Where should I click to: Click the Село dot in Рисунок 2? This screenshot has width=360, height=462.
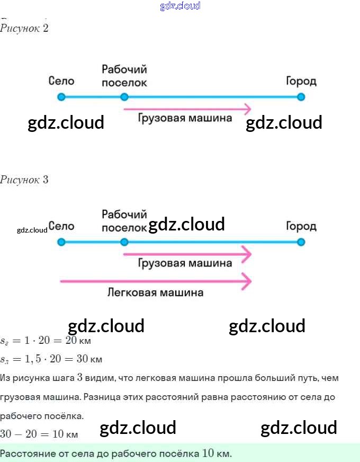61,97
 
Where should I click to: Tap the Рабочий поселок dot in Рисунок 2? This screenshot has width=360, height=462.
124,97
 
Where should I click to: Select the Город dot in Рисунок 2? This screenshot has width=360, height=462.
301,97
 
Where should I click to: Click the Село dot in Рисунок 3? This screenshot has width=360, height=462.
61,242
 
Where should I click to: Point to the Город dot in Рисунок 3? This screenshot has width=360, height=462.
301,242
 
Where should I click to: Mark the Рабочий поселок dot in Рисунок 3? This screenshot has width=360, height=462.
124,242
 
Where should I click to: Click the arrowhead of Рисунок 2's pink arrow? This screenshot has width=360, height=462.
246,109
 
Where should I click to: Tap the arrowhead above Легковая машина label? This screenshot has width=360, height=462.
246,281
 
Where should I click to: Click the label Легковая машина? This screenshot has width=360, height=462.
155,292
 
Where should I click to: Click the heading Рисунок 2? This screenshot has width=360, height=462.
24,28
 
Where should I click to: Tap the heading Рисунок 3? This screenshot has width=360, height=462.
24,180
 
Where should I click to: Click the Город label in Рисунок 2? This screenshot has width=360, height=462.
301,81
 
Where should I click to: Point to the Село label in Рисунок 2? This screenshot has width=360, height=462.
61,81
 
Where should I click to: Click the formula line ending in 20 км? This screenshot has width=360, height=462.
46,341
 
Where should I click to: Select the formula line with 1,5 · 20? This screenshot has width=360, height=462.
51,359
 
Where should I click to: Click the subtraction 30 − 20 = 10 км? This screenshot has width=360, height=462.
39,434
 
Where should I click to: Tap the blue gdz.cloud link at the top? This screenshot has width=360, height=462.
180,6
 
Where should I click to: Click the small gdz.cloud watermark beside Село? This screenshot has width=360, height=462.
32,230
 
